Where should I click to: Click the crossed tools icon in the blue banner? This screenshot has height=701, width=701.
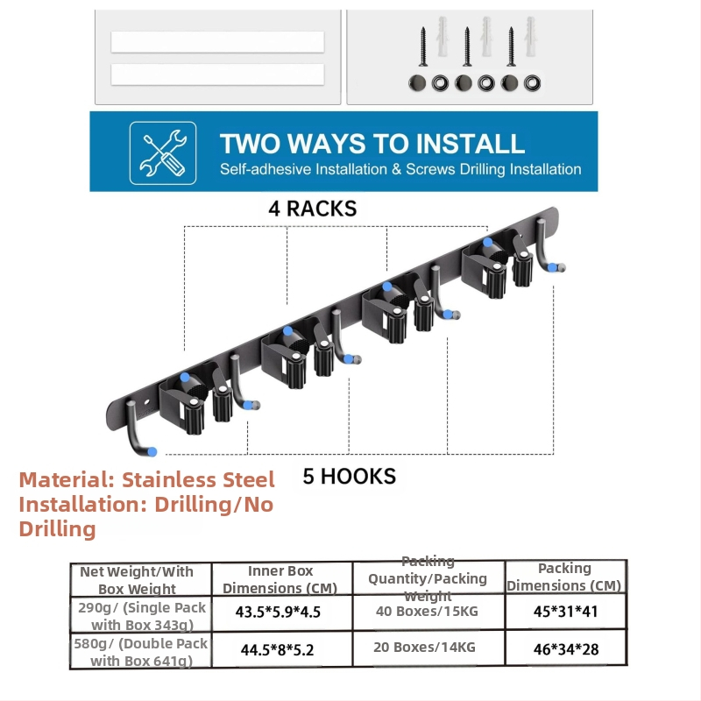pyautogui.click(x=163, y=152)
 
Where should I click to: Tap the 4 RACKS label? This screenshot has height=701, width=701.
pyautogui.click(x=313, y=209)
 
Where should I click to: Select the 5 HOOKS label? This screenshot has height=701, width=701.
pyautogui.click(x=349, y=477)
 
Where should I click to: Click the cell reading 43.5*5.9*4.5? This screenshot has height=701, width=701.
pyautogui.click(x=278, y=612)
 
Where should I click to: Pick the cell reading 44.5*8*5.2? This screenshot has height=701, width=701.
pyautogui.click(x=277, y=649)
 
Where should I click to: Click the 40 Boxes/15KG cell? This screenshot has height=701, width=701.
pyautogui.click(x=427, y=611)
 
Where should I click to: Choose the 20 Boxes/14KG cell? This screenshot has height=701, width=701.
pyautogui.click(x=424, y=648)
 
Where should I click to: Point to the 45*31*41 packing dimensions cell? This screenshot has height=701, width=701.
pyautogui.click(x=565, y=611)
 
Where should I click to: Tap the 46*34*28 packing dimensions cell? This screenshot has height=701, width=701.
pyautogui.click(x=566, y=649)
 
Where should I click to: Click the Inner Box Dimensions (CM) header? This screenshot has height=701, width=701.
pyautogui.click(x=280, y=579)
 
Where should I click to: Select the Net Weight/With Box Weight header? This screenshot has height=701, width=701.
pyautogui.click(x=137, y=580)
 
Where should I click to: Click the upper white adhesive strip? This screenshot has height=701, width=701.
pyautogui.click(x=217, y=42)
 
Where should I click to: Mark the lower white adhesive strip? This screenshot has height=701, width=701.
pyautogui.click(x=217, y=74)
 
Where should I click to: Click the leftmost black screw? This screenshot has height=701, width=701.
pyautogui.click(x=423, y=46)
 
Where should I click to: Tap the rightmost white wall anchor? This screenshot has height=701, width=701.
pyautogui.click(x=531, y=37)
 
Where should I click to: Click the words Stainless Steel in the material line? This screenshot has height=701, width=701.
pyautogui.click(x=198, y=480)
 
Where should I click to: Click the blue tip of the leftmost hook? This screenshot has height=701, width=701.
pyautogui.click(x=152, y=451)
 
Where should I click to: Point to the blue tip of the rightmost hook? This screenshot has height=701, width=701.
pyautogui.click(x=553, y=268)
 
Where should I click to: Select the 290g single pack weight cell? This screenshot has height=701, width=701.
pyautogui.click(x=142, y=616)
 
